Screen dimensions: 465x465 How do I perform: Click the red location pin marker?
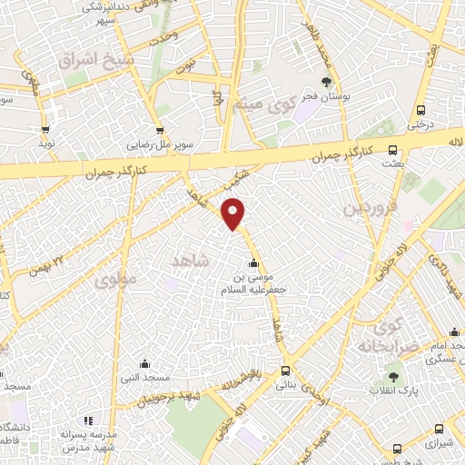click(x=234, y=213)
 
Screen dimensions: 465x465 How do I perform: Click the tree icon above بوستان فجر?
click(x=326, y=83)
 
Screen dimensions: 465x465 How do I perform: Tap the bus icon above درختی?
click(x=425, y=106)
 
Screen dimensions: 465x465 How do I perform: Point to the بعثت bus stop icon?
click(x=392, y=151)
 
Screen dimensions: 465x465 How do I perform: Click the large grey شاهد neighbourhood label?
click(x=190, y=261)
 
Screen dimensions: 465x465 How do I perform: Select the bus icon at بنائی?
click(x=286, y=370)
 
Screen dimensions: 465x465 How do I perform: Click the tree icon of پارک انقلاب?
click(x=392, y=376)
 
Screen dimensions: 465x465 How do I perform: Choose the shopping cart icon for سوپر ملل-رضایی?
click(x=162, y=133)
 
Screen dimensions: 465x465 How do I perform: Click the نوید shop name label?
click(x=45, y=144)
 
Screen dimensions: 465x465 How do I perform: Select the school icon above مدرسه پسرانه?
click(x=88, y=420)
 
